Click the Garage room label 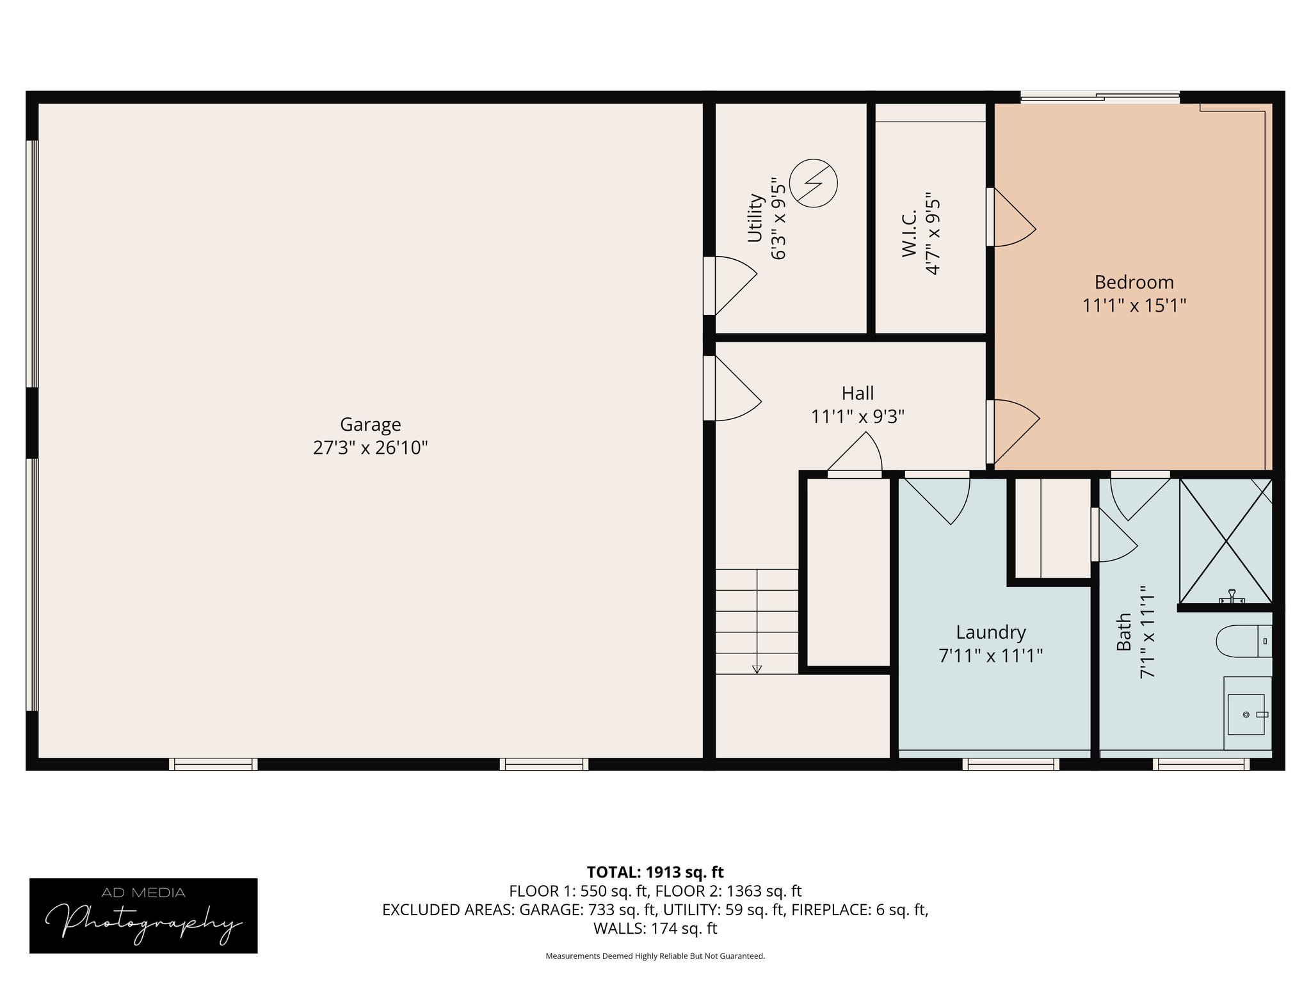[370, 425]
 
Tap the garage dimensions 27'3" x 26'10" [370, 447]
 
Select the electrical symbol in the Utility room [813, 183]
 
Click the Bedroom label [1134, 282]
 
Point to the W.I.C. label [910, 234]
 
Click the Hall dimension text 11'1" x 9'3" [857, 417]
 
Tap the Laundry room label [990, 633]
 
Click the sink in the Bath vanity [1246, 714]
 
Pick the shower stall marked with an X [1226, 541]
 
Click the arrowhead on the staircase [757, 669]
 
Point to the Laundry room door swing [937, 498]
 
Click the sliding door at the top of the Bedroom [1100, 98]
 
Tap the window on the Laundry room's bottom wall [1011, 764]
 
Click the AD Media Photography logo [143, 916]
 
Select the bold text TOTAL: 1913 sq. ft [655, 872]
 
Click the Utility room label [755, 218]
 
